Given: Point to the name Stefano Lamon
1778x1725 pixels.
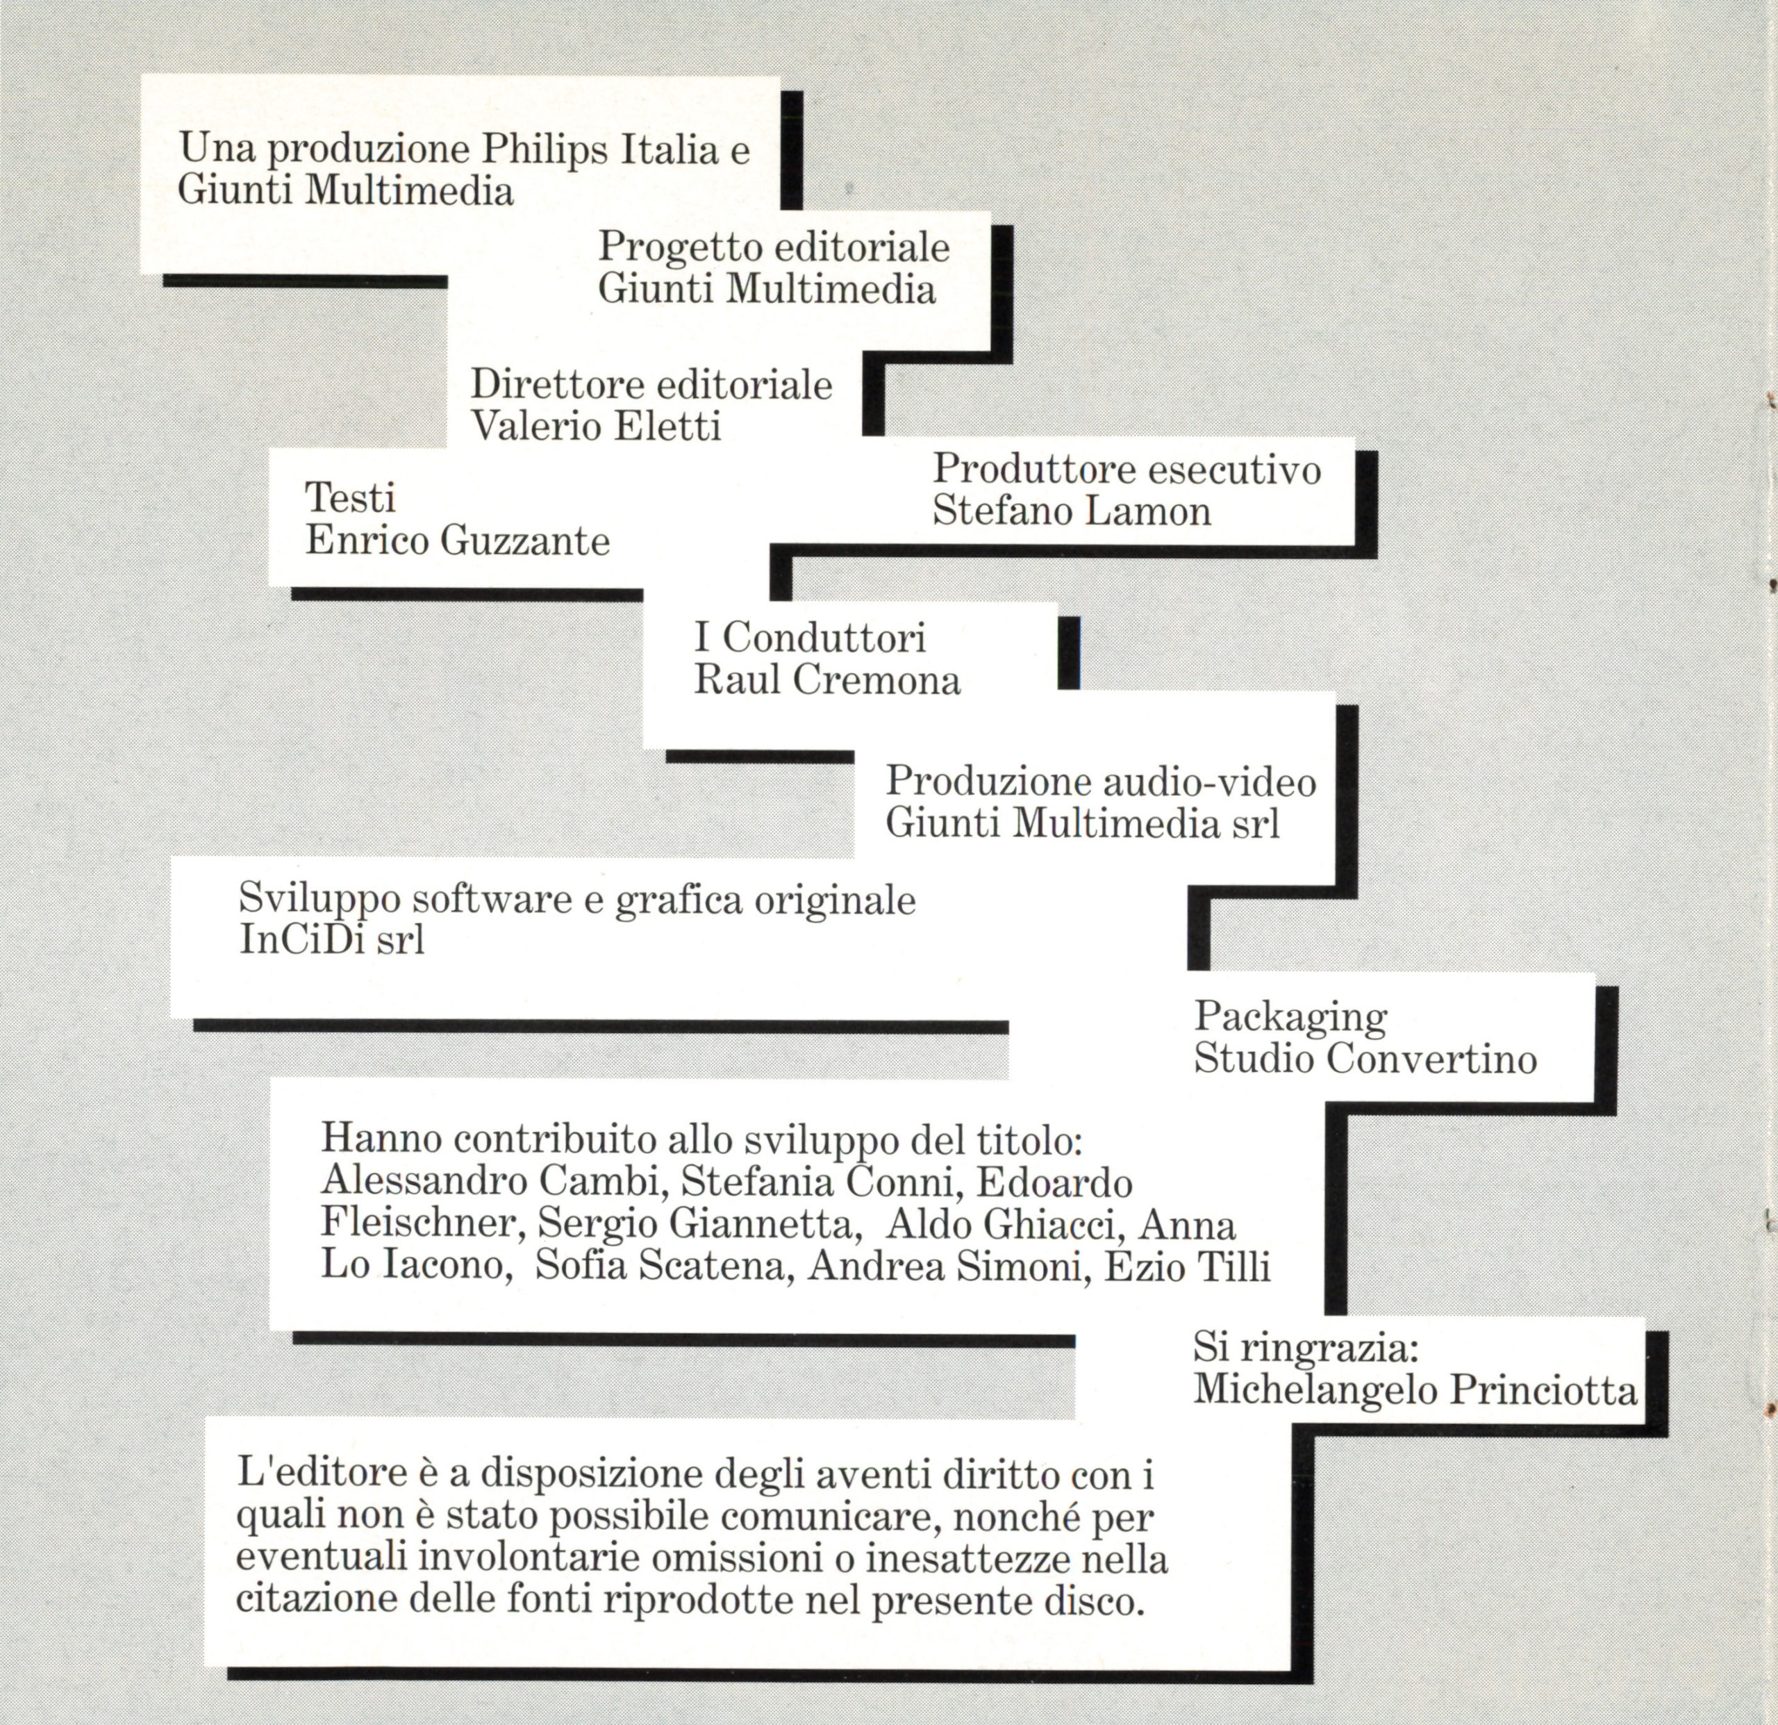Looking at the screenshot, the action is pyautogui.click(x=1072, y=511).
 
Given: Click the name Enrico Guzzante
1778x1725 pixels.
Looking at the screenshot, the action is pyautogui.click(x=457, y=542).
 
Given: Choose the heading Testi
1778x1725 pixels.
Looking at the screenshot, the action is pyautogui.click(x=350, y=498).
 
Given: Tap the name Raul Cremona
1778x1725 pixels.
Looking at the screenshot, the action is pyautogui.click(x=826, y=681).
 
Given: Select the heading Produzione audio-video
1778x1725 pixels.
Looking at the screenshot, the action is pyautogui.click(x=1100, y=782).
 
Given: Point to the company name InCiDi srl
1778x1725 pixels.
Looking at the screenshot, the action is pyautogui.click(x=332, y=940).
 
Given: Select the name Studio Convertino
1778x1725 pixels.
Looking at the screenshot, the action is pyautogui.click(x=1365, y=1059).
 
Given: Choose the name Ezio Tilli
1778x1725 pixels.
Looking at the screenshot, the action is pyautogui.click(x=1186, y=1268).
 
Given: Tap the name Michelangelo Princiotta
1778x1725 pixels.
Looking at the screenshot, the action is pyautogui.click(x=1415, y=1391).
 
